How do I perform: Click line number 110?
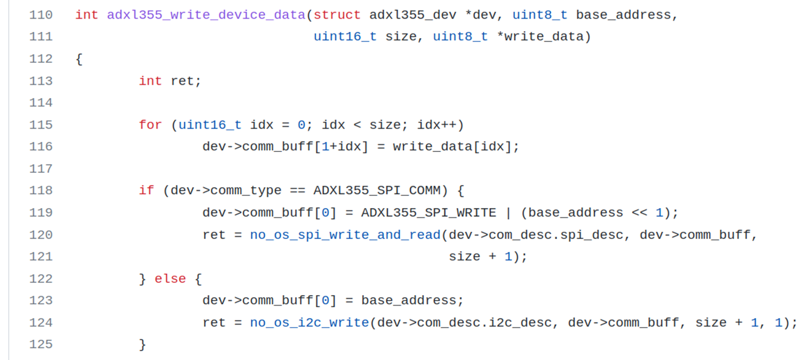pyautogui.click(x=41, y=15)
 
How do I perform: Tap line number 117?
pyautogui.click(x=41, y=168)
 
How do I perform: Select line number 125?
pyautogui.click(x=41, y=345)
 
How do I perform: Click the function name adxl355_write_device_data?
pyautogui.click(x=206, y=15)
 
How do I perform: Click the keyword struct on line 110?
pyautogui.click(x=337, y=15)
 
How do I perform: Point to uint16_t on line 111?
pyautogui.click(x=345, y=37)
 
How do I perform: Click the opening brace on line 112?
pyautogui.click(x=79, y=59)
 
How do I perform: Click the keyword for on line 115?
pyautogui.click(x=150, y=125)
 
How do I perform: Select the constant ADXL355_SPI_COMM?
pyautogui.click(x=377, y=190)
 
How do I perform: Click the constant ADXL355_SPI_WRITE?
pyautogui.click(x=428, y=212)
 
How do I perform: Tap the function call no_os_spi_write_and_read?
pyautogui.click(x=345, y=234)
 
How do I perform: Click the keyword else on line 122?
pyautogui.click(x=170, y=279)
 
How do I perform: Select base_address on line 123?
pyautogui.click(x=408, y=301)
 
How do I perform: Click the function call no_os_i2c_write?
pyautogui.click(x=309, y=323)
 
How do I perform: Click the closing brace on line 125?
pyautogui.click(x=142, y=345)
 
